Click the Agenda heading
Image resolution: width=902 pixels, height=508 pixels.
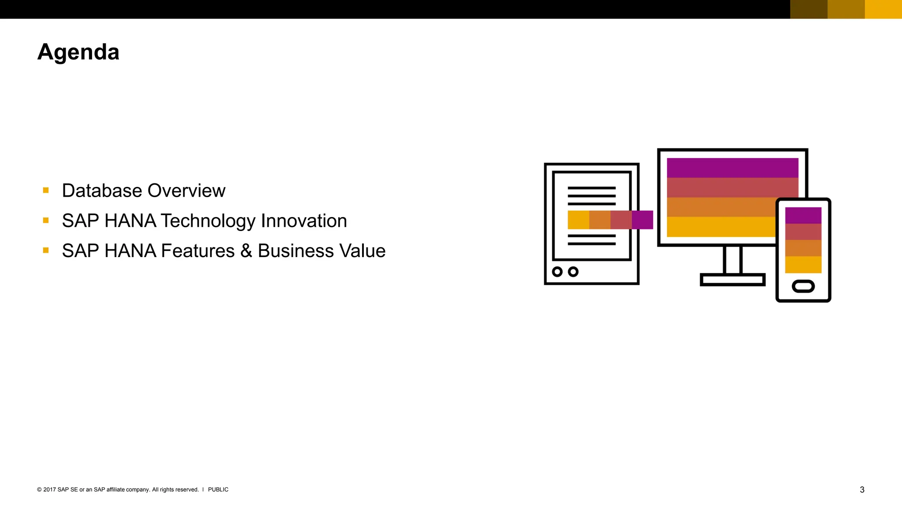[x=78, y=52]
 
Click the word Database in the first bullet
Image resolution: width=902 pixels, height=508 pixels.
[x=102, y=191]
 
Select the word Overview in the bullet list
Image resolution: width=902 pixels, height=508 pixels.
[x=186, y=191]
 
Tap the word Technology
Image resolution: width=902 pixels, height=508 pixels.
[x=207, y=221]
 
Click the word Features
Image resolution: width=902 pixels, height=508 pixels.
[x=198, y=251]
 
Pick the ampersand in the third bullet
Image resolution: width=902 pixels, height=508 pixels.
[x=246, y=251]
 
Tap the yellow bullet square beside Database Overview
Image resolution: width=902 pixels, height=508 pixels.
[x=46, y=190]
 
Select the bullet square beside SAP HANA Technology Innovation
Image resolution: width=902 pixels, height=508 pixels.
[x=46, y=220]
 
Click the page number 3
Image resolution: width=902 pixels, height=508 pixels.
[x=862, y=490]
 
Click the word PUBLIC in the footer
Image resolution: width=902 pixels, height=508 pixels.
[x=218, y=489]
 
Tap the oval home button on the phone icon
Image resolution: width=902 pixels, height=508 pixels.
[x=803, y=286]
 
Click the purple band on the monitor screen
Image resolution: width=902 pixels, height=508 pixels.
[x=732, y=168]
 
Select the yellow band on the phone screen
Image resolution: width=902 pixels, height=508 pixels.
[x=803, y=265]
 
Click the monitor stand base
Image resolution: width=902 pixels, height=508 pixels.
[x=732, y=280]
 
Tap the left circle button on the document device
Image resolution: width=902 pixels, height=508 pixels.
[x=557, y=272]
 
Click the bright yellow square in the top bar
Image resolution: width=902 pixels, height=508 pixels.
[x=883, y=9]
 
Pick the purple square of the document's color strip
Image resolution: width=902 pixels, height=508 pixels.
[x=642, y=220]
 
